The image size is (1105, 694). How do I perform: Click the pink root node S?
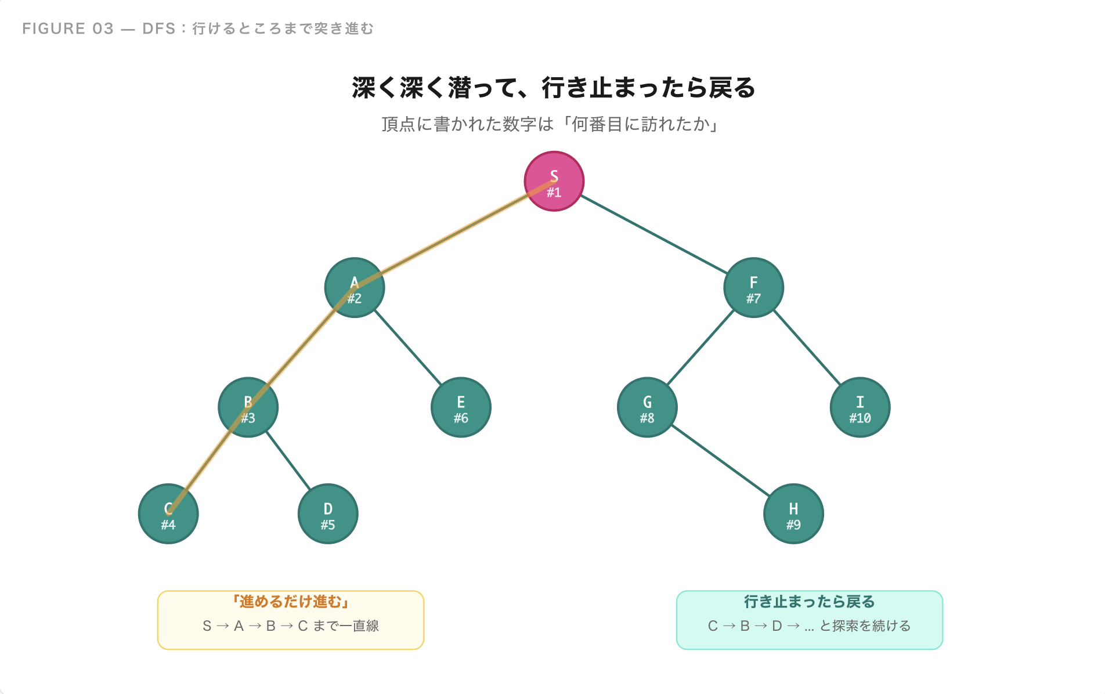pyautogui.click(x=554, y=181)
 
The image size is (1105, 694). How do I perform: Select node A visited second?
pyautogui.click(x=354, y=288)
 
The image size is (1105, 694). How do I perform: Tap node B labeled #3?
pyautogui.click(x=248, y=407)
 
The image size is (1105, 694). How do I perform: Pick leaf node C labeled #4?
pyautogui.click(x=168, y=514)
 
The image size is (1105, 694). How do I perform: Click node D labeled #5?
pyautogui.click(x=328, y=514)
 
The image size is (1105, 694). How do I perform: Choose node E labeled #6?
pyautogui.click(x=461, y=407)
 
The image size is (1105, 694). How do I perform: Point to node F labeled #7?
pyautogui.click(x=753, y=288)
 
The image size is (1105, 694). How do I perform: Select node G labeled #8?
pyautogui.click(x=647, y=407)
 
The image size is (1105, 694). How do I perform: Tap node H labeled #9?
pyautogui.click(x=793, y=514)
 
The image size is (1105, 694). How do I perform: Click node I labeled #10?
pyautogui.click(x=860, y=407)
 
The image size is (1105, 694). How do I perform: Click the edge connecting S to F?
pyautogui.click(x=653, y=234)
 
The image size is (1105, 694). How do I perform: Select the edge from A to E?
pyautogui.click(x=407, y=348)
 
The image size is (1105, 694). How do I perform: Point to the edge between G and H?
pyautogui.click(x=720, y=461)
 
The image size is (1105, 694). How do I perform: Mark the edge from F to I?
pyautogui.click(x=807, y=348)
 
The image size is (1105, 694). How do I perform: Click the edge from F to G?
pyautogui.click(x=700, y=348)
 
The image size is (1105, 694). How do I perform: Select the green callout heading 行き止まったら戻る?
pyautogui.click(x=809, y=602)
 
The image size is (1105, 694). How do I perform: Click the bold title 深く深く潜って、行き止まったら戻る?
pyautogui.click(x=553, y=88)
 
